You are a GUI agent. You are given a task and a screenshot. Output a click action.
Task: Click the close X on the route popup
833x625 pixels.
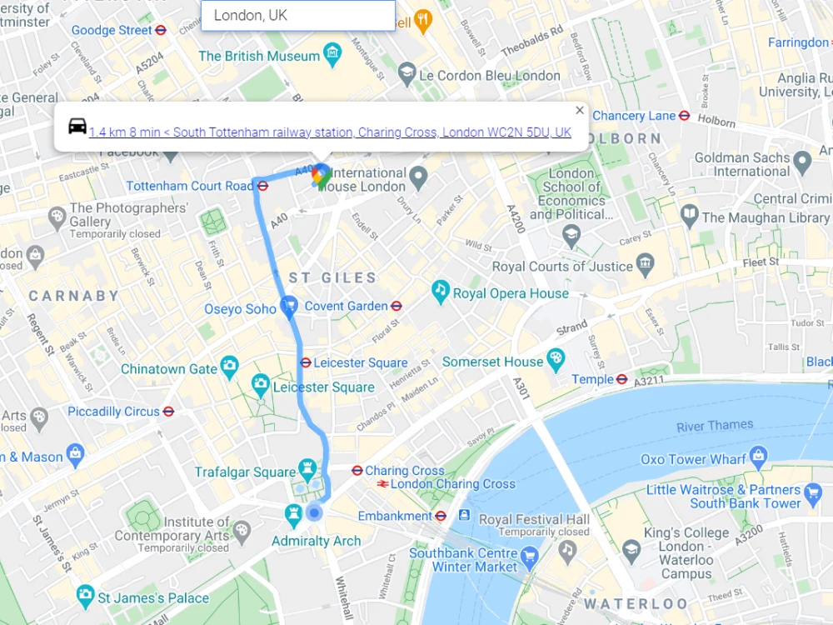point(580,110)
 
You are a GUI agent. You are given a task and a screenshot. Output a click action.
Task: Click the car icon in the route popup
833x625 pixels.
point(77,127)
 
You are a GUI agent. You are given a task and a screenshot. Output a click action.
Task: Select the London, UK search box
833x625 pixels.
point(298,16)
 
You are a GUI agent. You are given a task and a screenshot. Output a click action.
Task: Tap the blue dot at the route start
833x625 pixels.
point(314,512)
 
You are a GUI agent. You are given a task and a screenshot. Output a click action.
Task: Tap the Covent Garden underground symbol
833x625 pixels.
point(397,306)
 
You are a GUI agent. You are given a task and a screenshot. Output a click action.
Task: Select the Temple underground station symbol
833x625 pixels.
point(621,379)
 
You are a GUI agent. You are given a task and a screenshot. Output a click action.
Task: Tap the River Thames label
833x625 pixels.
point(714,426)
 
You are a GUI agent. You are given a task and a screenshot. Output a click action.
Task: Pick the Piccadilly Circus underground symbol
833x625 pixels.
point(168,411)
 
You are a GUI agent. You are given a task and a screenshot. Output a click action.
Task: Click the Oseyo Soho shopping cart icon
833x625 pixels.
point(289,307)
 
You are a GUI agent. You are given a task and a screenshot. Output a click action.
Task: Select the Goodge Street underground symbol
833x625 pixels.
point(162,30)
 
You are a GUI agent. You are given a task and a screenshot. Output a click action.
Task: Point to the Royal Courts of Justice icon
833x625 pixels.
point(646,266)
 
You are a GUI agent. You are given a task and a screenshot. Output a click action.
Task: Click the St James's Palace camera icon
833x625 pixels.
point(85,596)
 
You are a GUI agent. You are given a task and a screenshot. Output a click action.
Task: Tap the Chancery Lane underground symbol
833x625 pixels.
point(684,116)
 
